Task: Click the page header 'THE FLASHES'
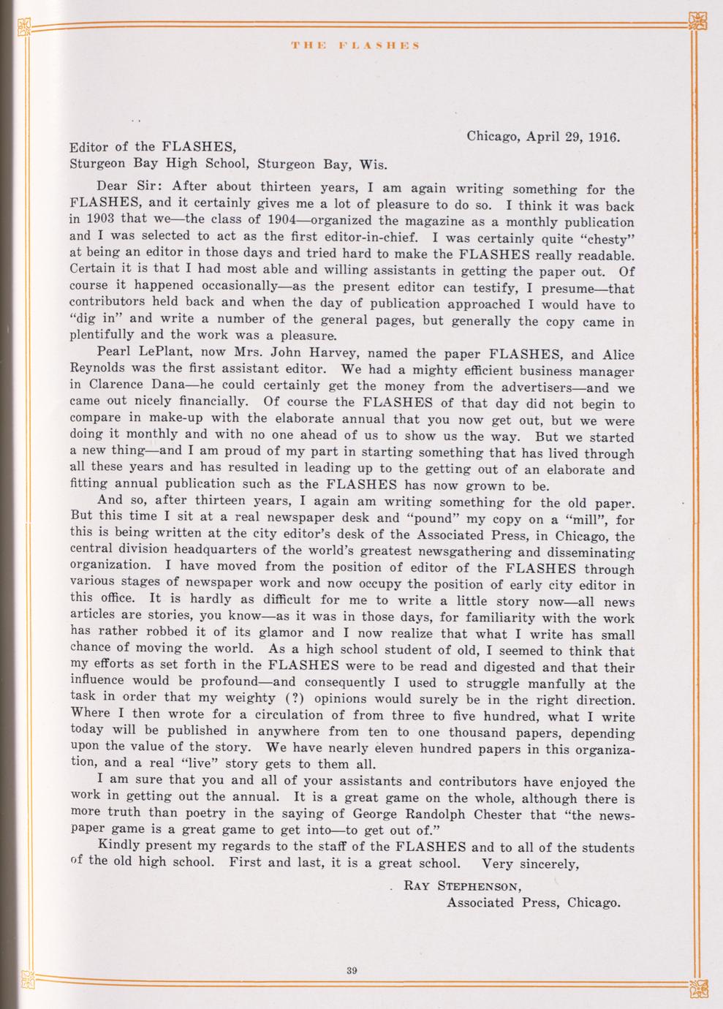coord(355,45)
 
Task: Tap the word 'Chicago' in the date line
coord(492,137)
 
